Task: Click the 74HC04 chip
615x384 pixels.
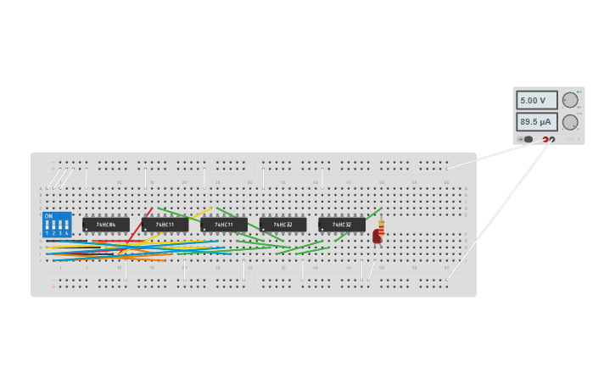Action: pyautogui.click(x=106, y=225)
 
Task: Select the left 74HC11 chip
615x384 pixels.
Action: pyautogui.click(x=165, y=225)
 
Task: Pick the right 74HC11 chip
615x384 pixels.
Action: pyautogui.click(x=224, y=225)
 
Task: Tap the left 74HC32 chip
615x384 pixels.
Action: pyautogui.click(x=282, y=225)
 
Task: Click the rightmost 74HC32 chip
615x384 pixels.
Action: pyautogui.click(x=342, y=225)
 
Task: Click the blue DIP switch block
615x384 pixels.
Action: pyautogui.click(x=57, y=225)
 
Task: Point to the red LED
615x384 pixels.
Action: pyautogui.click(x=377, y=237)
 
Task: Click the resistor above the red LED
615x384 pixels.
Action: pyautogui.click(x=381, y=226)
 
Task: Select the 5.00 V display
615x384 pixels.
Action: pyautogui.click(x=537, y=100)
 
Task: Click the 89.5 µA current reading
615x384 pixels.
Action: pyautogui.click(x=537, y=122)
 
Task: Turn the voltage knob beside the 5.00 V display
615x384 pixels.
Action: pyautogui.click(x=570, y=100)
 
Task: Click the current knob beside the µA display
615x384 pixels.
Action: pyautogui.click(x=570, y=122)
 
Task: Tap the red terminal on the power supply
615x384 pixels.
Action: pyautogui.click(x=545, y=139)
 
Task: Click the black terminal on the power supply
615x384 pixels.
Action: pyautogui.click(x=552, y=139)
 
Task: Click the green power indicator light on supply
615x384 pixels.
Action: pyautogui.click(x=579, y=92)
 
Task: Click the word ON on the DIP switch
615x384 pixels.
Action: pyautogui.click(x=48, y=216)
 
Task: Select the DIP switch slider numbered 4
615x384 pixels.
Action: pyautogui.click(x=66, y=225)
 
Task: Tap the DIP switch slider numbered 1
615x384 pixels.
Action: pyautogui.click(x=48, y=225)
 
